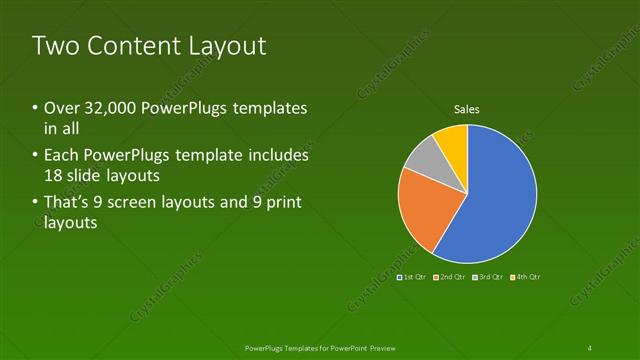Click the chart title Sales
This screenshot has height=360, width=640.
click(x=467, y=109)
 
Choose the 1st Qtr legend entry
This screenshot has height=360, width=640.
click(x=412, y=276)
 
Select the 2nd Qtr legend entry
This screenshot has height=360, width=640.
click(x=449, y=276)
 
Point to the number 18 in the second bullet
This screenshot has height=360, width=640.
click(x=53, y=176)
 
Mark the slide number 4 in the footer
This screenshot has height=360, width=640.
click(x=590, y=347)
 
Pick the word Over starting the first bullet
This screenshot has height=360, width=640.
click(x=59, y=108)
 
